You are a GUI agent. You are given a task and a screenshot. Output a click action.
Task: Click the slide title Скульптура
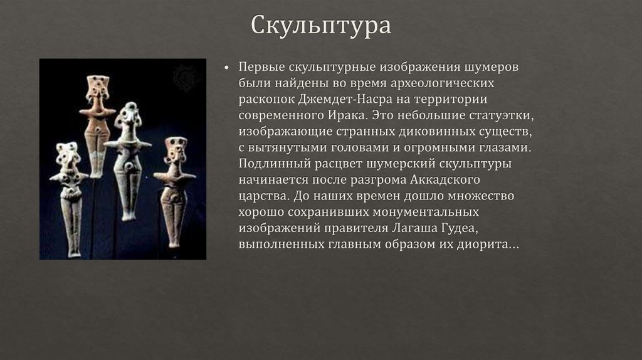pyautogui.click(x=321, y=26)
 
